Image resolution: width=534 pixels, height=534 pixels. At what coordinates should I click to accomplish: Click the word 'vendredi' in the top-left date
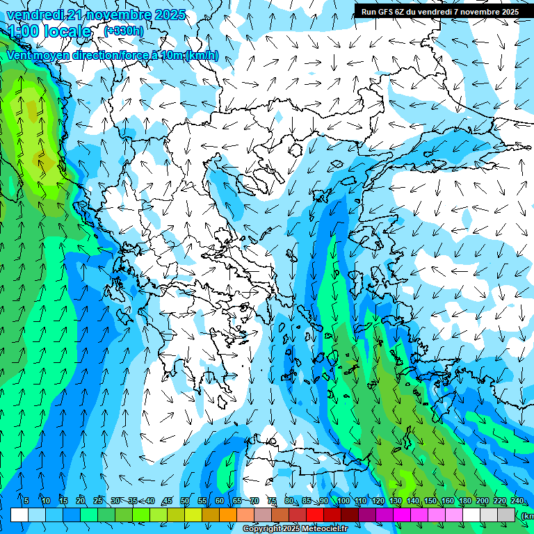pos(35,15)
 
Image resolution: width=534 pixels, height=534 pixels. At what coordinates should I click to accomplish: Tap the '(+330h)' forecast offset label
pos(124,31)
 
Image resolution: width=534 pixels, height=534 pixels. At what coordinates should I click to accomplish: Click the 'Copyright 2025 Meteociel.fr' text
pos(295,529)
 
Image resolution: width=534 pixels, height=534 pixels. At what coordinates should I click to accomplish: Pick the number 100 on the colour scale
pos(343,501)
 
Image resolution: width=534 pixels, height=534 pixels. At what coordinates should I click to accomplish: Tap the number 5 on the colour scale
pos(26,501)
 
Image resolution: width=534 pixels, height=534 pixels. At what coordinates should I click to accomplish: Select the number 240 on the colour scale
pos(517,501)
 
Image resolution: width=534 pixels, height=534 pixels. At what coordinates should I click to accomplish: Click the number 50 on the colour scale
pos(185,501)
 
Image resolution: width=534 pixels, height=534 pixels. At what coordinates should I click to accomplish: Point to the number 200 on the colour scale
pos(483,501)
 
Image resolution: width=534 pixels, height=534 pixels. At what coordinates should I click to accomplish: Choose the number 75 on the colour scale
pos(272,501)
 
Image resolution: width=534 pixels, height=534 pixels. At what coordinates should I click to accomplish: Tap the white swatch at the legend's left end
pos(19,515)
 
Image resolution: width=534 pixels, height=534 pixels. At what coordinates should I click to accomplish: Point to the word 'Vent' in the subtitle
pos(19,56)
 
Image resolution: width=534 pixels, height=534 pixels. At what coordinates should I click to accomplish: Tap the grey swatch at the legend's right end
pos(506,515)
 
